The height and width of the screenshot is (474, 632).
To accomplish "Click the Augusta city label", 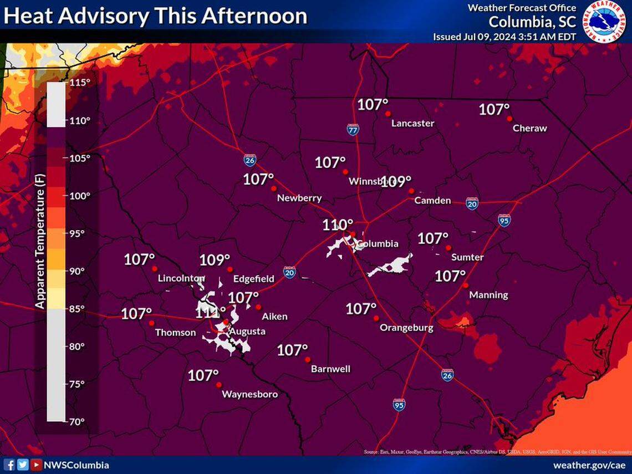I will pos(247,332).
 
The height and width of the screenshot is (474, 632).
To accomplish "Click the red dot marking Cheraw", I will pos(509,118).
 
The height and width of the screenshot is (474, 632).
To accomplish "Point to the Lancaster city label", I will pos(412,123).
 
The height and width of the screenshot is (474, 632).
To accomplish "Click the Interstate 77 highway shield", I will pos(353,130).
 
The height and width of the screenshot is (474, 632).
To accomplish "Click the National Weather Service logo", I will pos(605,21).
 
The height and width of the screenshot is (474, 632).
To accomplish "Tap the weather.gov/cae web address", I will pos(590,465).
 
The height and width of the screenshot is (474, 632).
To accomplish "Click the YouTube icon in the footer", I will pos(35,465).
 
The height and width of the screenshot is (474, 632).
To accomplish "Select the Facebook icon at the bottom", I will pos(9,465).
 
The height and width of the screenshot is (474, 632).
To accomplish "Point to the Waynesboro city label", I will pos(249,395).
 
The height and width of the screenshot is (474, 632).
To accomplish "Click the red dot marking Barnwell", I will pos(308,359).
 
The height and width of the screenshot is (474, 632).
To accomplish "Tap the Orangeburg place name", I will pos(406,328).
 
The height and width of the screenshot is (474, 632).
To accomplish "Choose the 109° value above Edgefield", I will pos(215,259).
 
